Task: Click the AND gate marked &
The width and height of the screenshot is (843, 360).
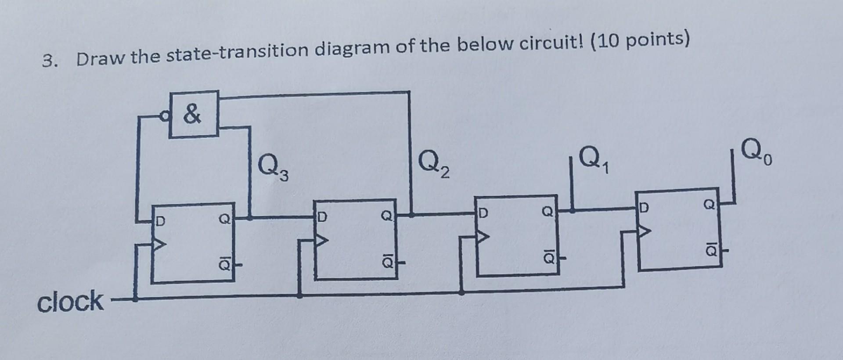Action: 194,114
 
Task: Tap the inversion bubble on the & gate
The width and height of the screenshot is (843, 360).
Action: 165,116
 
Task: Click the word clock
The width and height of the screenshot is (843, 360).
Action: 70,302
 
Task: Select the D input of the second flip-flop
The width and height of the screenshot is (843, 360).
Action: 322,217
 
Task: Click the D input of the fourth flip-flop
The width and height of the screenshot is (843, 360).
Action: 644,206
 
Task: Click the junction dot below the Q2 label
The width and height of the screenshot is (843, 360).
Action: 411,215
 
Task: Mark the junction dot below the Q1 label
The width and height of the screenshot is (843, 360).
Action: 572,210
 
